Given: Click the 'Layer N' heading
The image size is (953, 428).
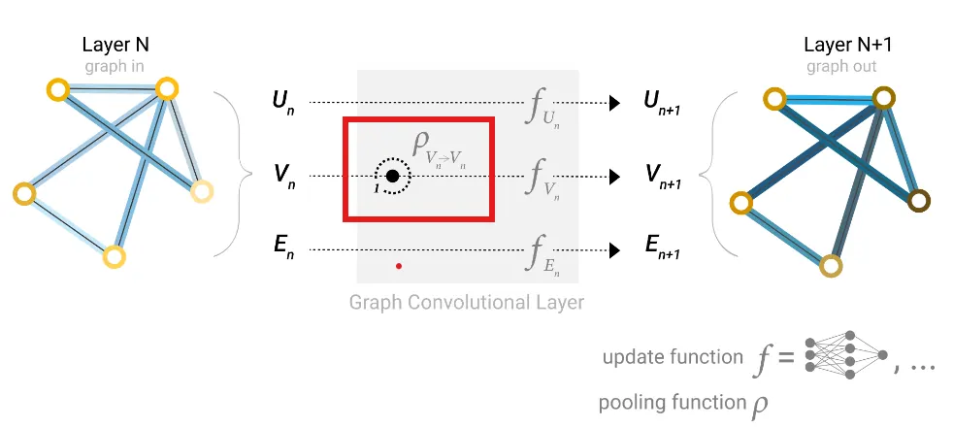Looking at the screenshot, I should [115, 45].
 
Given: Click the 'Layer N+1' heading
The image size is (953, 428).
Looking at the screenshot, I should [840, 45].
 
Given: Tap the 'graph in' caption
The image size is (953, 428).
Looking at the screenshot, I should [115, 66].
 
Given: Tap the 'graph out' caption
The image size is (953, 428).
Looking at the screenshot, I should [840, 66].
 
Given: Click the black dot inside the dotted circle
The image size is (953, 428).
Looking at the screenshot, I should [392, 176].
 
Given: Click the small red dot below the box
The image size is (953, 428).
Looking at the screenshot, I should [399, 264].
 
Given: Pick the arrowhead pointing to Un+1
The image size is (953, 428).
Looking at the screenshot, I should [613, 102].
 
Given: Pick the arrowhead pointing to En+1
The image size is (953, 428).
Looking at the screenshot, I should [613, 250].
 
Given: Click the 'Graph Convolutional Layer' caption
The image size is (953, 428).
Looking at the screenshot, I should [467, 302].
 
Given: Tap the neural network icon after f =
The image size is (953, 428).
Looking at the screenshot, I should [849, 357].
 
